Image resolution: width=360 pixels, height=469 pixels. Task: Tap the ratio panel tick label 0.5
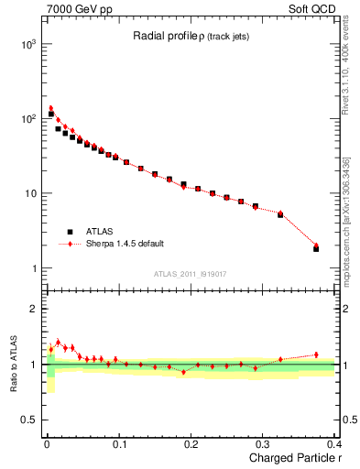28,420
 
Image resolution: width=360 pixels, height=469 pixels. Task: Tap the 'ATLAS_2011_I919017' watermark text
191,274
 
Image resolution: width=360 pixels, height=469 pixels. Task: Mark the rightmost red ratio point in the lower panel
316,354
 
